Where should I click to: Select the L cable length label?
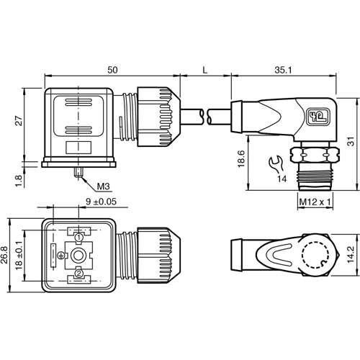[205, 69]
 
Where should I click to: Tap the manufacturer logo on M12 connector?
[316, 114]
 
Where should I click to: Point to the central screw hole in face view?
[78, 254]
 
